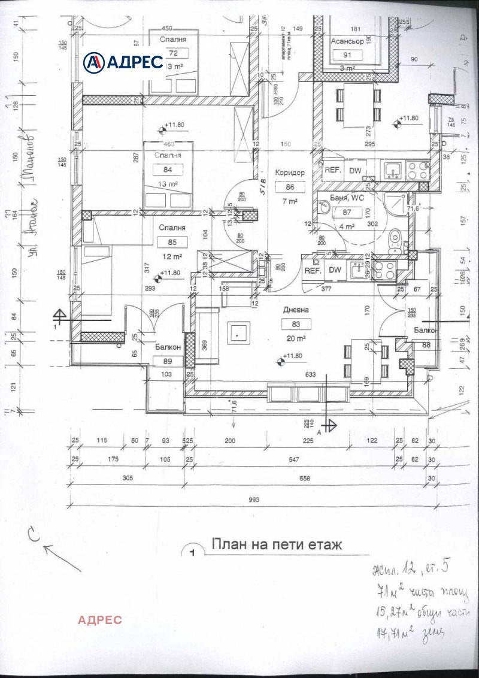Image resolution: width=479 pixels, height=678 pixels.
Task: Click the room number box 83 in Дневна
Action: [x=298, y=324]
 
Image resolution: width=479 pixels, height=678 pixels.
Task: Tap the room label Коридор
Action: [x=290, y=172]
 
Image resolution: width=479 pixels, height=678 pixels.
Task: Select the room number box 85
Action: [x=172, y=242]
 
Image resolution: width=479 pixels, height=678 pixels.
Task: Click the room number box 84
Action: [x=159, y=169]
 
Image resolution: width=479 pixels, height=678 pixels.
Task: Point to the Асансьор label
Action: [x=348, y=41]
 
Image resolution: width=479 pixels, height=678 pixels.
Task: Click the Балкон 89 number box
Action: [x=167, y=361]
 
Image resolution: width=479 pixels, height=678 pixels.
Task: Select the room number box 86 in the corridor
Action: [x=290, y=187]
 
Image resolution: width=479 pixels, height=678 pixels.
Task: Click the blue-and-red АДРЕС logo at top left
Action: [x=123, y=61]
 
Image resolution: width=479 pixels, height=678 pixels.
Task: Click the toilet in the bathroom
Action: [x=395, y=241]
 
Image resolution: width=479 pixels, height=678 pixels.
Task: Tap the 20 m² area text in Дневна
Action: [x=298, y=338]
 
